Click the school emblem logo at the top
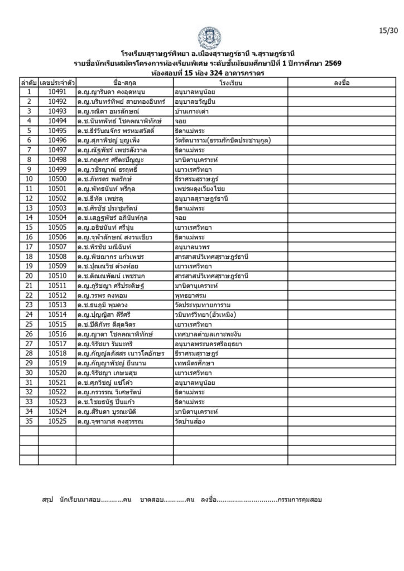click(x=209, y=38)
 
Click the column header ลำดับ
click(x=28, y=83)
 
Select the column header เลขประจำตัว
click(x=57, y=83)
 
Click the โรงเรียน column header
click(x=230, y=83)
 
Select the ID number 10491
click(x=57, y=91)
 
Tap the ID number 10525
click(x=57, y=422)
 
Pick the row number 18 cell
click(x=28, y=257)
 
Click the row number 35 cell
click(x=28, y=422)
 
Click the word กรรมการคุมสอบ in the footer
click(x=299, y=499)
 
